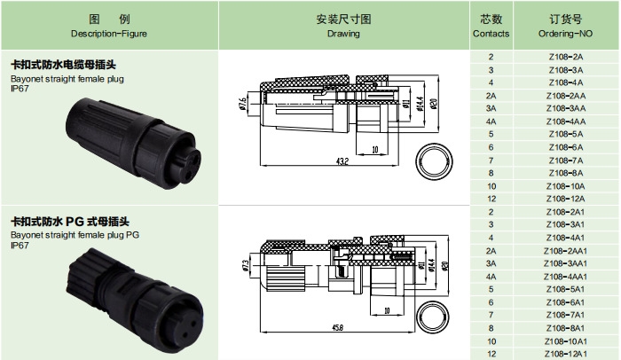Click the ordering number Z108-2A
[x=565, y=57]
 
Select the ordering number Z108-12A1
[x=565, y=354]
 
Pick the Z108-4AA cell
[x=565, y=121]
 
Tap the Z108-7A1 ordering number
[x=565, y=315]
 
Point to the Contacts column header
[x=491, y=26]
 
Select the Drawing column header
[x=343, y=26]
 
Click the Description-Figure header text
[x=109, y=33]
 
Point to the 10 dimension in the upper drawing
[x=376, y=149]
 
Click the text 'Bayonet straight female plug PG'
[x=75, y=236]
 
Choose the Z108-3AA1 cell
[x=565, y=263]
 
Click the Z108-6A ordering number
[x=565, y=146]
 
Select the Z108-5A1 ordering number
[x=565, y=289]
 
